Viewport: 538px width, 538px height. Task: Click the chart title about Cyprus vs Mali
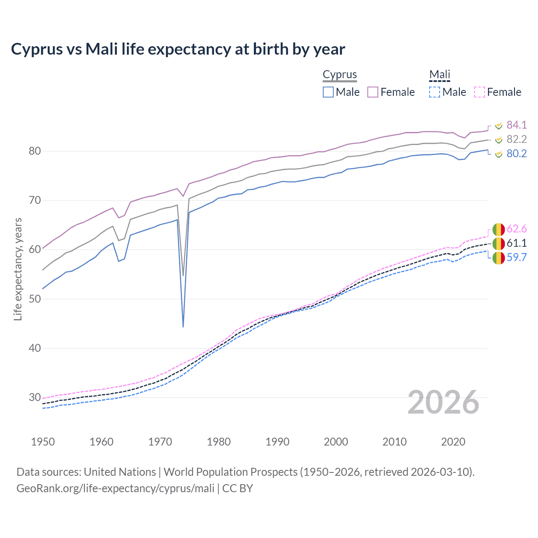point(178,49)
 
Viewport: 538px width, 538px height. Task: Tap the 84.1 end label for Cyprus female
point(517,125)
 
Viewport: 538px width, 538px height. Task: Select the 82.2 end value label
point(517,139)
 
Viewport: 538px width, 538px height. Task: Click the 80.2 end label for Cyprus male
point(517,153)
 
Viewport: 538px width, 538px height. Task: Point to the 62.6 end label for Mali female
point(517,229)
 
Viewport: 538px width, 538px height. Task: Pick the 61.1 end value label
point(517,243)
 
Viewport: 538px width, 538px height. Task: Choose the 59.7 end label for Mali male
point(517,257)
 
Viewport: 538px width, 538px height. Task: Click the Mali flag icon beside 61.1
point(498,243)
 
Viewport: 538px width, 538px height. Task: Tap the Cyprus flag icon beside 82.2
point(498,140)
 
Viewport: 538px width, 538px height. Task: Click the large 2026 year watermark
point(443,402)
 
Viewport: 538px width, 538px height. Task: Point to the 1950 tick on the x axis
point(43,442)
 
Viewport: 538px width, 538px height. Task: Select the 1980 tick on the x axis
point(219,442)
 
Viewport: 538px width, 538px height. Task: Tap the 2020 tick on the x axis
point(453,442)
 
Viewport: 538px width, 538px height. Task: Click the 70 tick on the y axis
point(35,200)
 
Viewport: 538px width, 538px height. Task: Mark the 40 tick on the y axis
point(35,348)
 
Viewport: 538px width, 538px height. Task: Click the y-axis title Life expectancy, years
point(18,269)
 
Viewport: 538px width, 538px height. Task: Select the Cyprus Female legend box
point(373,92)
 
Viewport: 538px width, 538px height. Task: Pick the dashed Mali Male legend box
point(435,92)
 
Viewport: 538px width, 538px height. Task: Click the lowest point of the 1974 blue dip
point(183,326)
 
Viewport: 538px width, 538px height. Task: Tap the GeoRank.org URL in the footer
point(115,488)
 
